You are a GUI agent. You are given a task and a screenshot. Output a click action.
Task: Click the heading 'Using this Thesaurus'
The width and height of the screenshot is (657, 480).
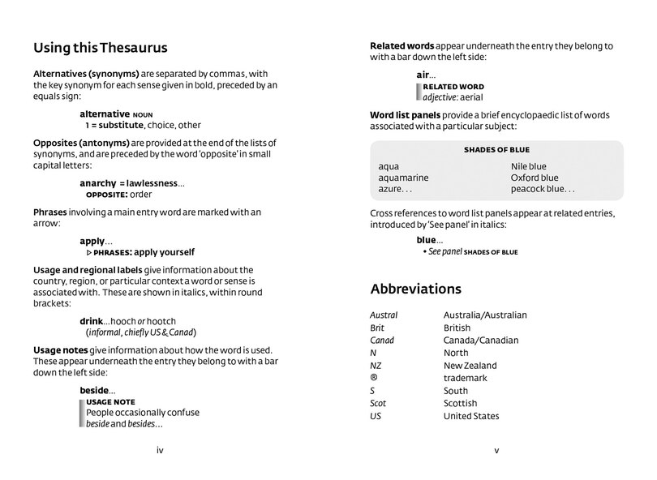pyautogui.click(x=98, y=48)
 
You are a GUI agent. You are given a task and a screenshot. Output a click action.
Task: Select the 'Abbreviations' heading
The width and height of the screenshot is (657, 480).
pyautogui.click(x=416, y=289)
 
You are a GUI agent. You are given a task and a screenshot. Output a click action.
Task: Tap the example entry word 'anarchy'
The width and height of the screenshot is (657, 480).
pyautogui.click(x=97, y=183)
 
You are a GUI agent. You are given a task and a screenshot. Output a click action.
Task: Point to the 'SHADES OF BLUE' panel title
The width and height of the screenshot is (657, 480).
pyautogui.click(x=496, y=150)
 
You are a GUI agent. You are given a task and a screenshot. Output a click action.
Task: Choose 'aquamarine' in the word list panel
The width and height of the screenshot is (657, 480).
pyautogui.click(x=403, y=178)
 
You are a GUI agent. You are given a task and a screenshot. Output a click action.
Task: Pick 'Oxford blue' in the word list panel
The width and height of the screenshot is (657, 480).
pyautogui.click(x=535, y=178)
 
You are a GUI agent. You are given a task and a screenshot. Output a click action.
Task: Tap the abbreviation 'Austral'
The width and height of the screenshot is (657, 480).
pyautogui.click(x=384, y=315)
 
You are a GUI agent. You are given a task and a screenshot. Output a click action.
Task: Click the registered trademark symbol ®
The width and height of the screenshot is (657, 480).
pyautogui.click(x=373, y=379)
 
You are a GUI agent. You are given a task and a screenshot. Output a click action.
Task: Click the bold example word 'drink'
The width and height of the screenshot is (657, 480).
pyautogui.click(x=92, y=321)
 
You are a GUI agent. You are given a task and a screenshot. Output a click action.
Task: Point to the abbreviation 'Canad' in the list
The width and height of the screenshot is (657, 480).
pyautogui.click(x=381, y=341)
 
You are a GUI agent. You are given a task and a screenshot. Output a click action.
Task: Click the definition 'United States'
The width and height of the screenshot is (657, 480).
pyautogui.click(x=471, y=417)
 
